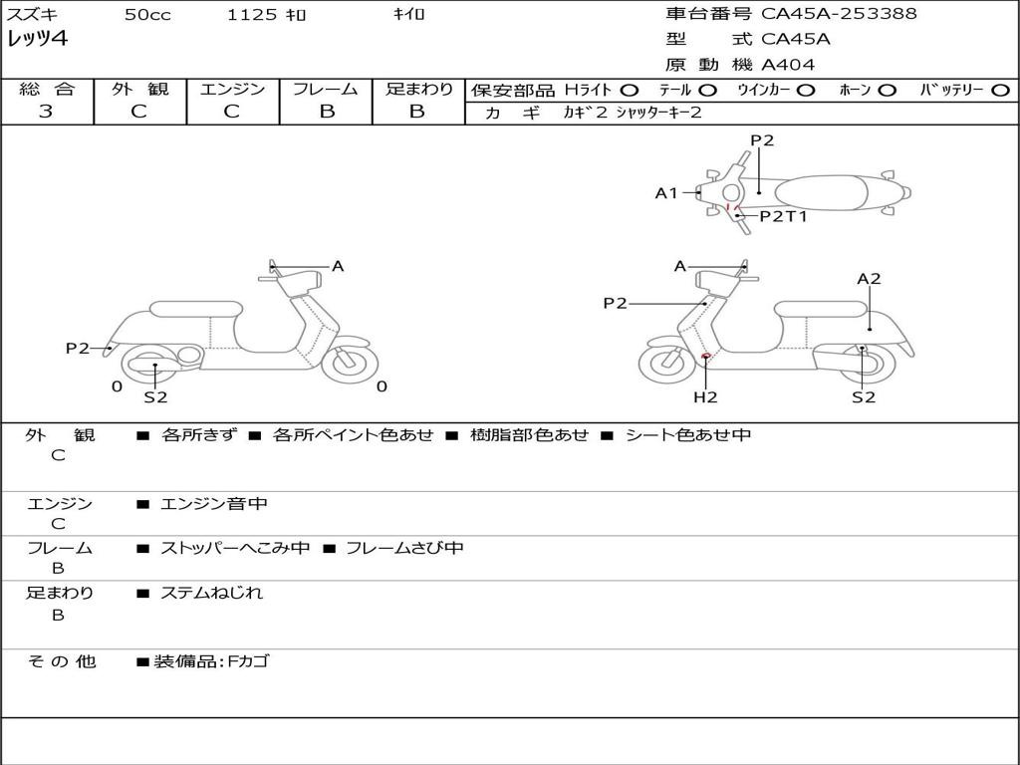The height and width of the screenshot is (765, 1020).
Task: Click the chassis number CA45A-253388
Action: [839, 14]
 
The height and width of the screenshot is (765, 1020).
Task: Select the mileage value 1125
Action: [253, 15]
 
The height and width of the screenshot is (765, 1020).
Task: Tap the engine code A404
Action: [788, 65]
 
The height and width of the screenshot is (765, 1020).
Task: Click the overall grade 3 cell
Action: [46, 112]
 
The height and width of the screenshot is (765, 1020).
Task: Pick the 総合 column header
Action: [47, 90]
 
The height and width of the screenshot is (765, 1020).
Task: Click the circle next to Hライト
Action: [630, 91]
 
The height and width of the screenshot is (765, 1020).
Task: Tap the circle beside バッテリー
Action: [1000, 91]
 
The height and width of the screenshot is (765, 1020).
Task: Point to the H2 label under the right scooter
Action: [705, 397]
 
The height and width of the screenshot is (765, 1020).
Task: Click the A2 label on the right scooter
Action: [869, 279]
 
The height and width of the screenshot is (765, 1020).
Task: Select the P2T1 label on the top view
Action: [783, 215]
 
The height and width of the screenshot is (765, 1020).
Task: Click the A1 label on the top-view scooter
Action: [665, 193]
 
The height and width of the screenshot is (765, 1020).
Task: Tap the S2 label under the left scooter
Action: [155, 397]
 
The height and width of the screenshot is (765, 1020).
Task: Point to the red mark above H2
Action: [705, 356]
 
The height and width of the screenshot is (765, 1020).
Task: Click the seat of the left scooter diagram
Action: [195, 308]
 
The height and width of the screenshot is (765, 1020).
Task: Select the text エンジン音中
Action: [214, 504]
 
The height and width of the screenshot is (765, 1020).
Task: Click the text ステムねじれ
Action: [211, 593]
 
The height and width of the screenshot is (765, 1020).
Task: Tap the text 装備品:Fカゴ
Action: [211, 661]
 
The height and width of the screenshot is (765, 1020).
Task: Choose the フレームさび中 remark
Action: [404, 548]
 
